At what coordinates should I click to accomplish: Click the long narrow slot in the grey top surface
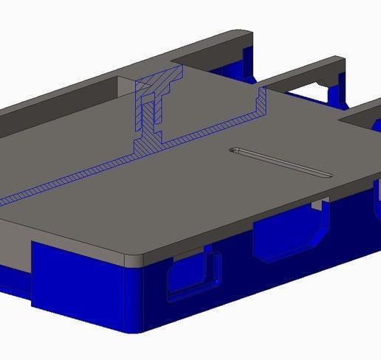[281, 162]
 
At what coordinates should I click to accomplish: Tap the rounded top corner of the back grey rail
[240, 35]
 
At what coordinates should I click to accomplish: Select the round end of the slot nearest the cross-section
[235, 150]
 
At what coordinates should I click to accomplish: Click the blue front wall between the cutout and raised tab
[236, 273]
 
